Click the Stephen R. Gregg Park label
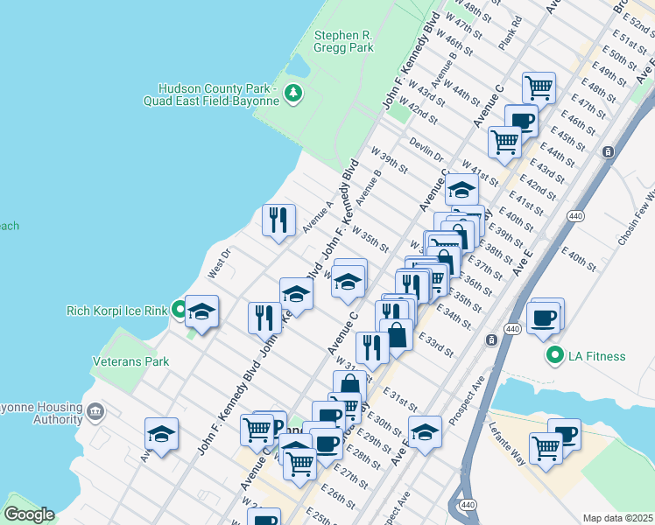343,42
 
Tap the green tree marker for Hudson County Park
294,93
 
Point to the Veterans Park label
130,360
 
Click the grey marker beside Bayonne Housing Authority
95,409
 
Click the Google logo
29,514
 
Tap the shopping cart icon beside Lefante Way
546,447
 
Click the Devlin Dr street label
426,148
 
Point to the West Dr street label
218,265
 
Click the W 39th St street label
390,160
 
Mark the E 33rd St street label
435,345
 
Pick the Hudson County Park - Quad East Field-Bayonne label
219,94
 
